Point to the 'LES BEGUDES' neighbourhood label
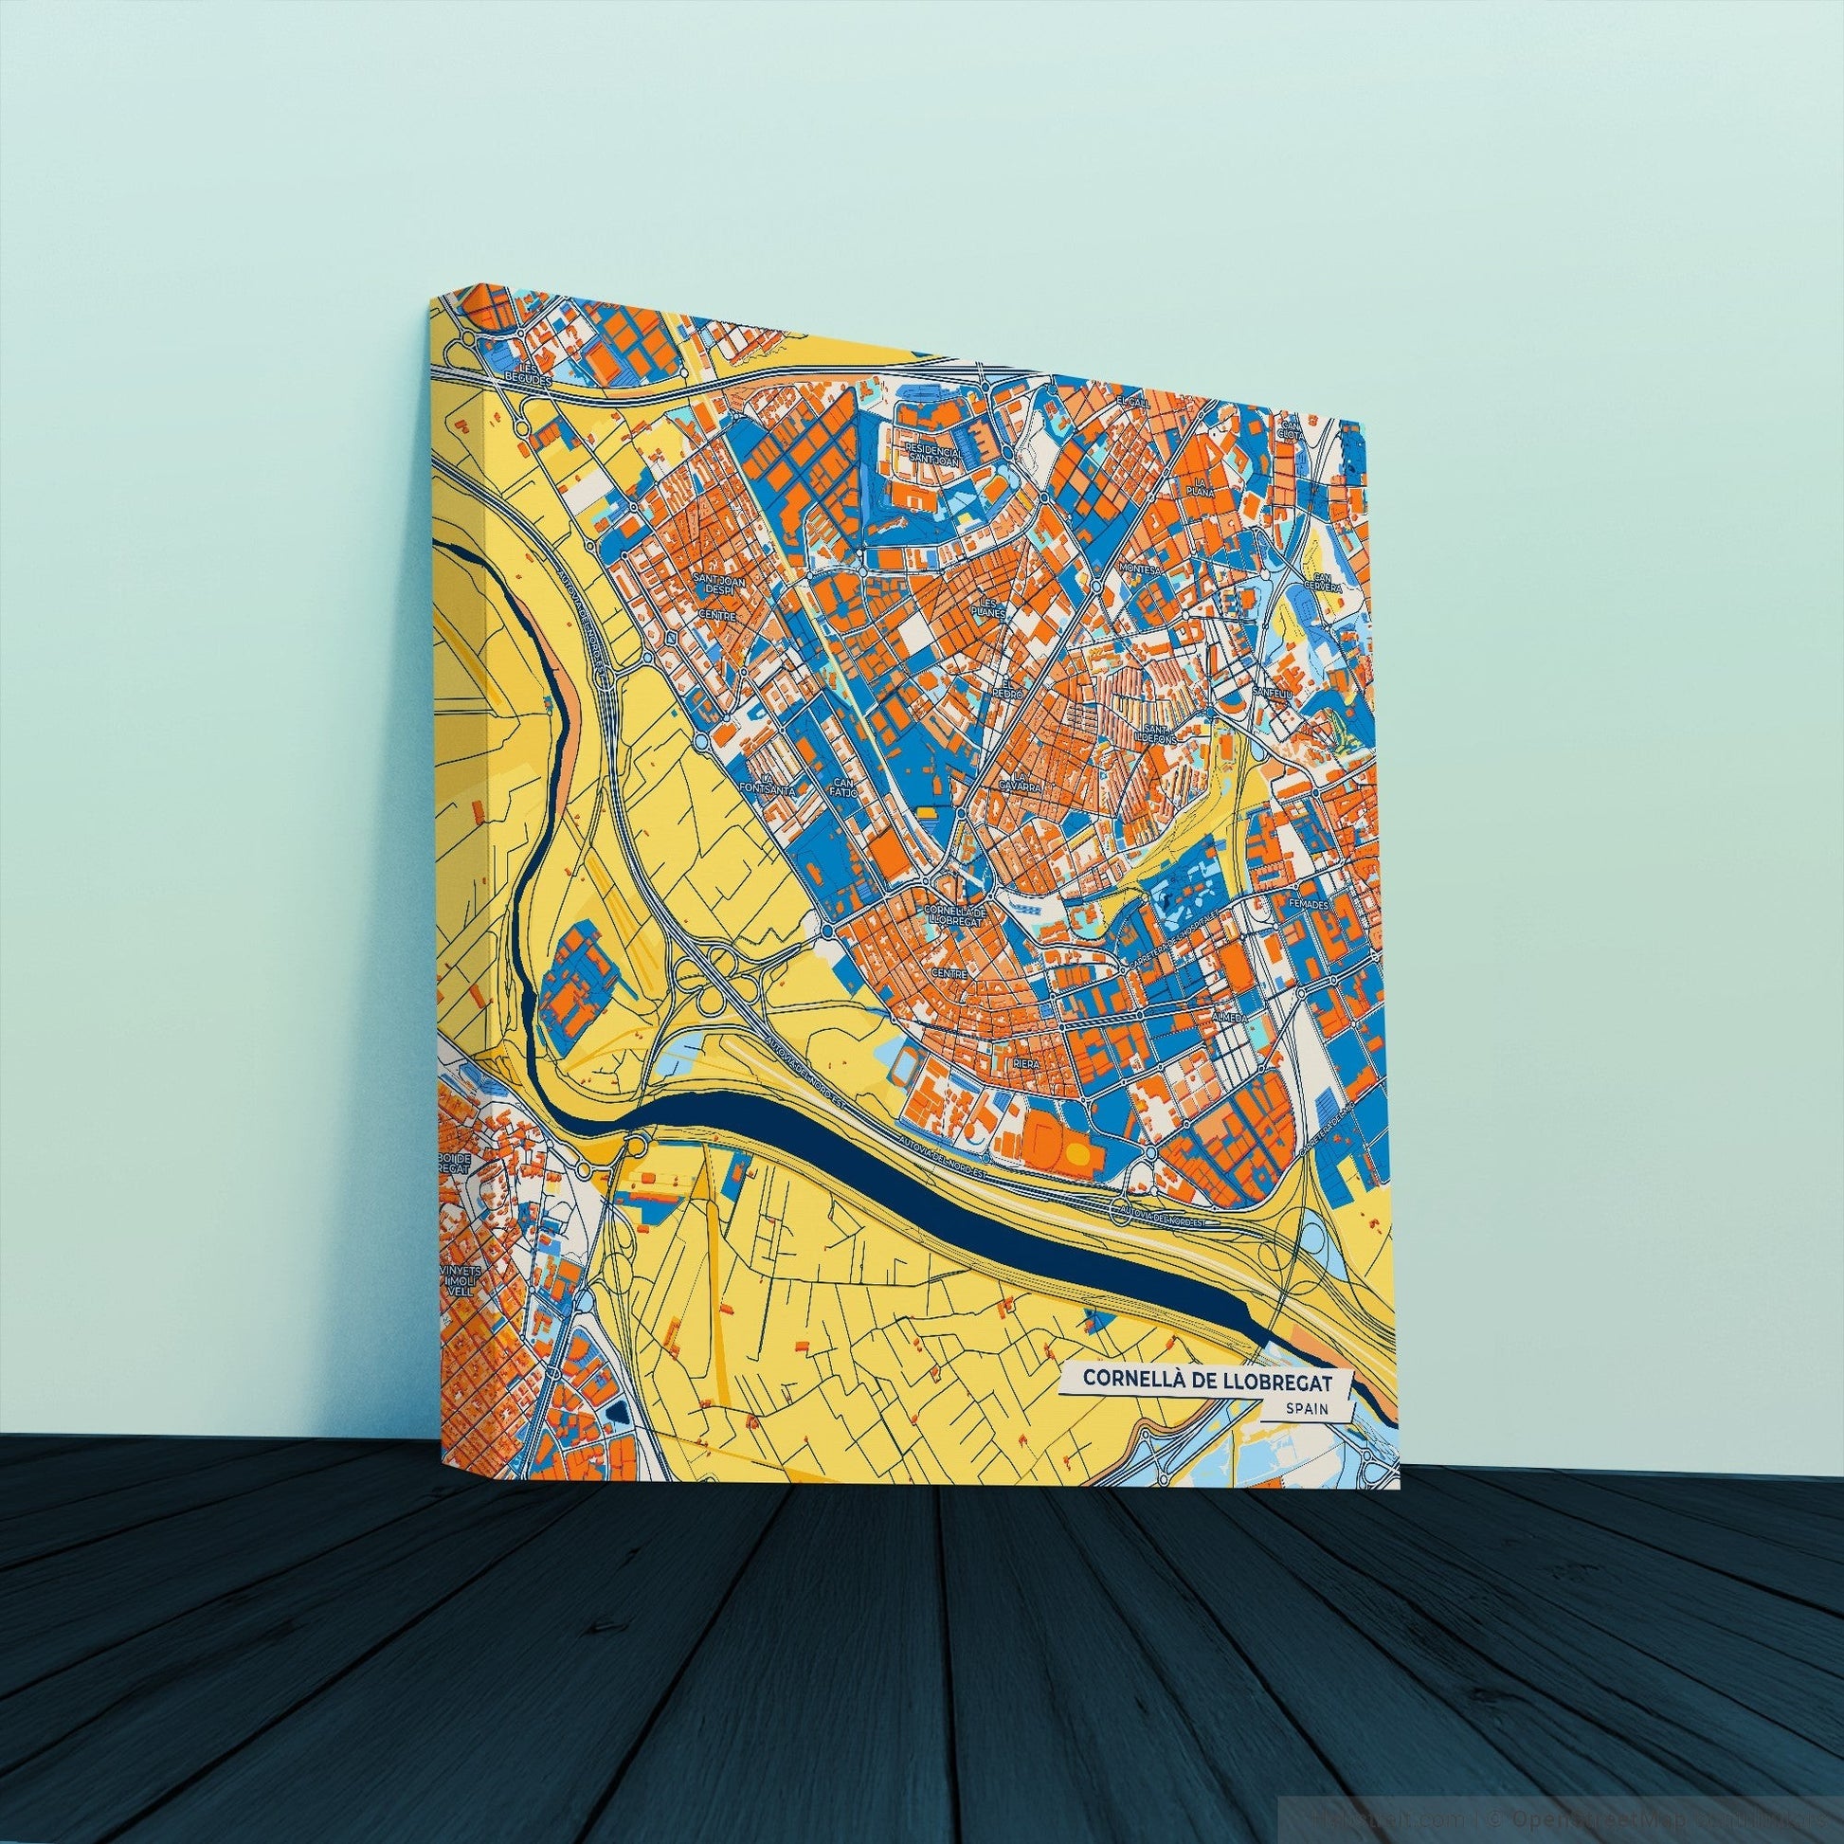click(x=531, y=372)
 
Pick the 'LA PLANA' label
click(x=1200, y=488)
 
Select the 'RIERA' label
click(x=1027, y=1062)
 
